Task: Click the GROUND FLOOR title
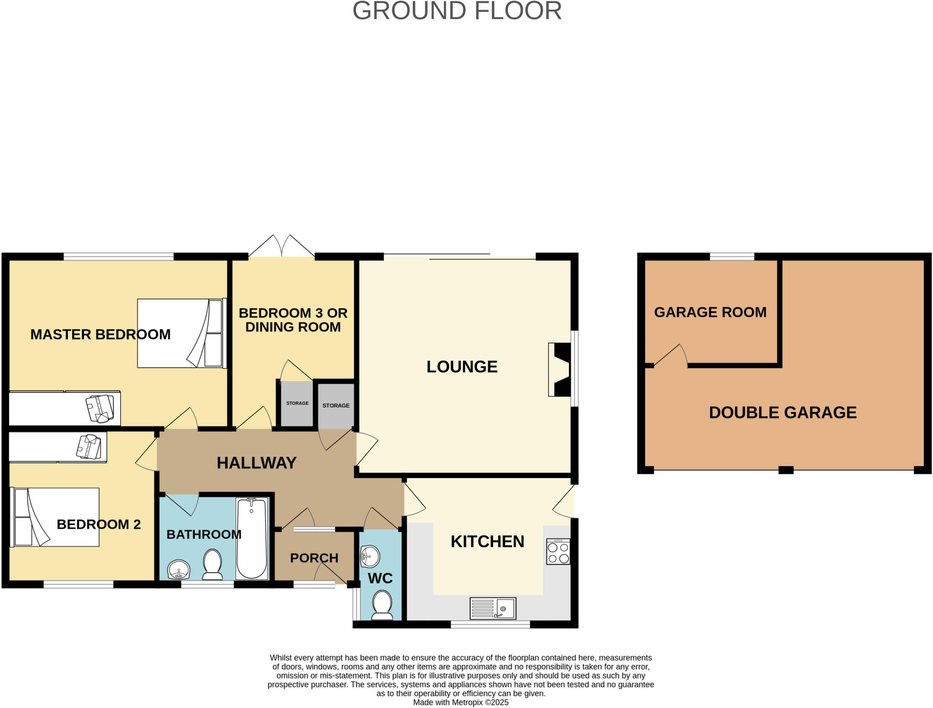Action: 457,11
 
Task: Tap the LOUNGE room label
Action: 461,367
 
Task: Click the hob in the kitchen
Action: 558,552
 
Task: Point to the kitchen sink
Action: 493,609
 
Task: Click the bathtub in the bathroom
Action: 251,538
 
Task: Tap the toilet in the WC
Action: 382,605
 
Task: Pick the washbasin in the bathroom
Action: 179,570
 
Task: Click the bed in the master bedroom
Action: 181,333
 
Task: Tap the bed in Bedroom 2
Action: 55,517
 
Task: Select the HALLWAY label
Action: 256,463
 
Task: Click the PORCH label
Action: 314,558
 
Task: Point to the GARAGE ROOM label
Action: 710,312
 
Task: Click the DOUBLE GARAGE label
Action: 783,413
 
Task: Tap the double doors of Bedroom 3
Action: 282,247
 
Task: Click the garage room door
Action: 671,356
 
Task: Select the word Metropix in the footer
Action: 466,703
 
